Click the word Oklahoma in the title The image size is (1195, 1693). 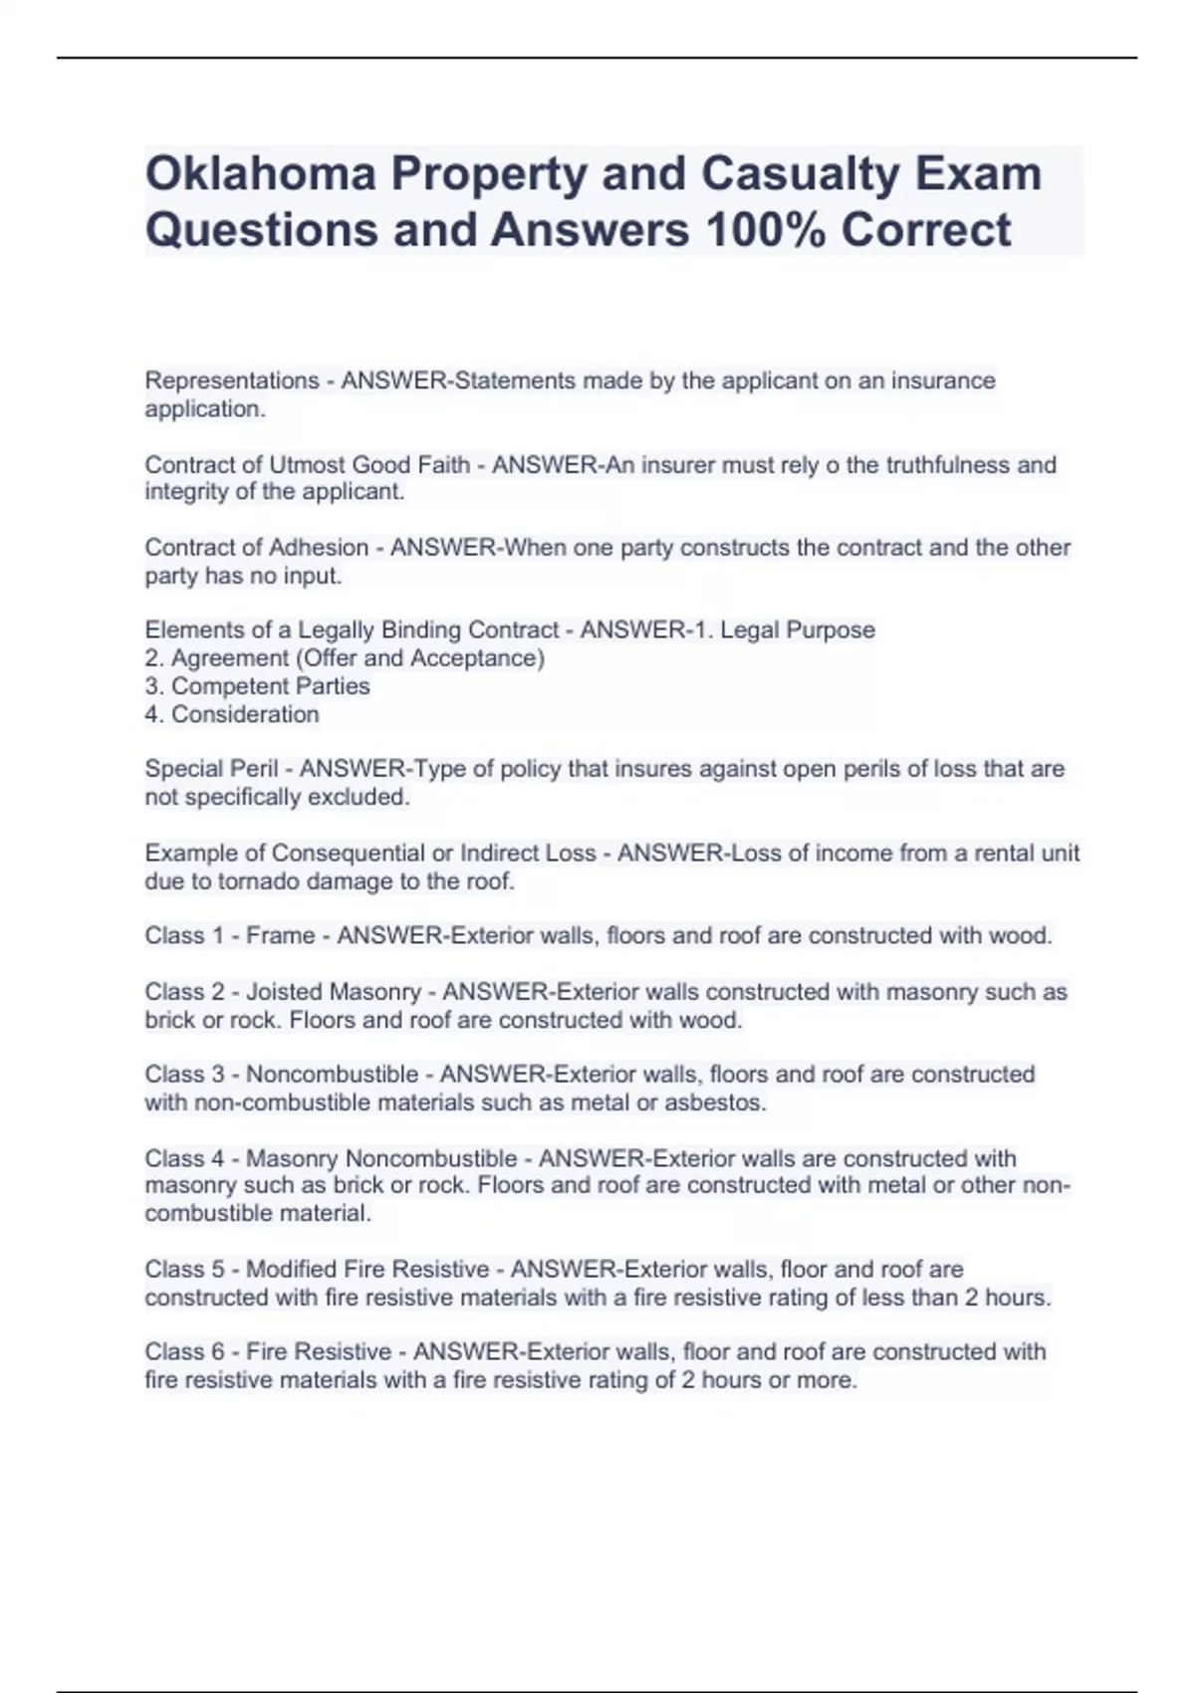pyautogui.click(x=260, y=173)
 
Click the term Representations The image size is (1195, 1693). pyautogui.click(x=232, y=380)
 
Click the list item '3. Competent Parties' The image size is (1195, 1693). pyautogui.click(x=257, y=686)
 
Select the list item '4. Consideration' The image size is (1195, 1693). pyautogui.click(x=232, y=714)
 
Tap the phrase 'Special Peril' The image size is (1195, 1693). pyautogui.click(x=211, y=769)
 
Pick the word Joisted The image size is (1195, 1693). pyautogui.click(x=284, y=992)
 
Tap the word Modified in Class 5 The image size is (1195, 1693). pyautogui.click(x=291, y=1270)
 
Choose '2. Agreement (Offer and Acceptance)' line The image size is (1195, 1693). pyautogui.click(x=345, y=658)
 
